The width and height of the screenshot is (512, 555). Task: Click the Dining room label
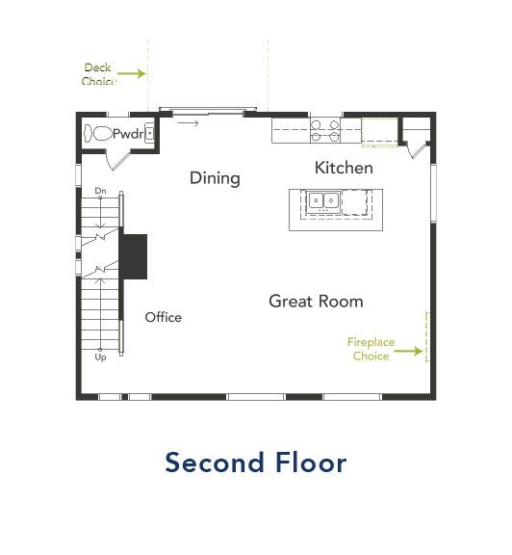215,178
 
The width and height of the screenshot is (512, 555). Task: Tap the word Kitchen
344,168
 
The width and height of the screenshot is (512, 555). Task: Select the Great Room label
316,302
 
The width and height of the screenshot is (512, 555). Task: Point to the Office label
163,317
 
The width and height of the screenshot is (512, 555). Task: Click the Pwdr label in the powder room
126,134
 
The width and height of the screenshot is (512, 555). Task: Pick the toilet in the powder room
98,134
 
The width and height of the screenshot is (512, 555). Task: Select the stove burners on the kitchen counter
324,130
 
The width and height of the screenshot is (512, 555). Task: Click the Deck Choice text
97,74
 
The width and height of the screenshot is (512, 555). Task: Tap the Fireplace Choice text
371,349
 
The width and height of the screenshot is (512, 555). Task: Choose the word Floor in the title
309,462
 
